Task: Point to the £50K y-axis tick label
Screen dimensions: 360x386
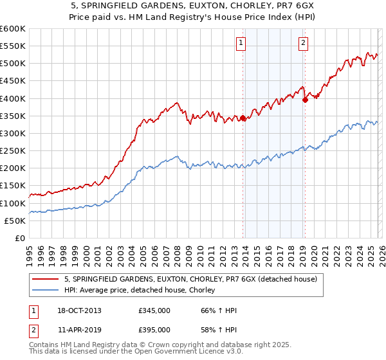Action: pyautogui.click(x=15, y=221)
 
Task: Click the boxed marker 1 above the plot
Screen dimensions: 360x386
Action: pyautogui.click(x=241, y=43)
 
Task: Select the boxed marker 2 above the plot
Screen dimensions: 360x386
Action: pyautogui.click(x=302, y=43)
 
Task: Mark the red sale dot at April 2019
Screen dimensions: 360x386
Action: pyautogui.click(x=305, y=99)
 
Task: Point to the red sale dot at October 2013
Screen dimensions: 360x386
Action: pyautogui.click(x=243, y=118)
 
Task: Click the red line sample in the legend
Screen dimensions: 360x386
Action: pyautogui.click(x=46, y=280)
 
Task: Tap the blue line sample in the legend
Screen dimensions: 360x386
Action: pyautogui.click(x=46, y=291)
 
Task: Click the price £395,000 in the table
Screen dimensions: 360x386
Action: pyautogui.click(x=154, y=329)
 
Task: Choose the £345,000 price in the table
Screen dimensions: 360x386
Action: pyautogui.click(x=154, y=310)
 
